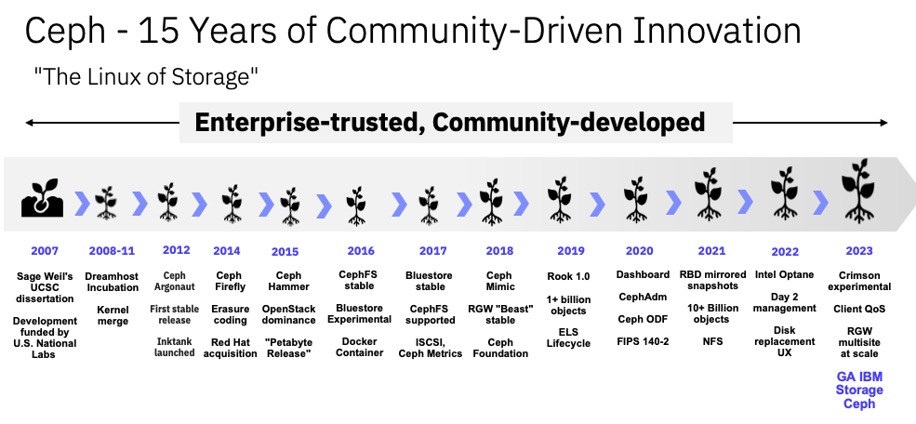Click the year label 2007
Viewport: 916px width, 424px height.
tap(45, 251)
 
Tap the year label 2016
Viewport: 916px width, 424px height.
tap(361, 251)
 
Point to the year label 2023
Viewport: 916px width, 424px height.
tap(859, 251)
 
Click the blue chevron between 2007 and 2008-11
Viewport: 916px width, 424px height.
tap(82, 202)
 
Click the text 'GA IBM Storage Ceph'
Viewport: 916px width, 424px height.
tap(859, 390)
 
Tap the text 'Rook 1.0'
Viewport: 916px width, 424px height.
tap(569, 275)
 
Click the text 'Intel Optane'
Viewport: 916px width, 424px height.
tap(783, 275)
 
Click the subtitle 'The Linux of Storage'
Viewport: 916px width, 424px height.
tap(145, 77)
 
